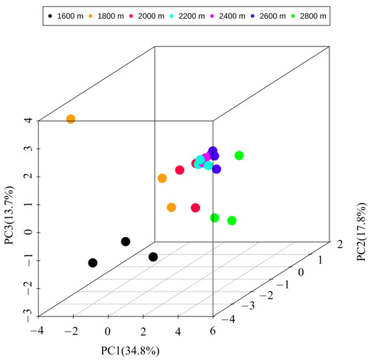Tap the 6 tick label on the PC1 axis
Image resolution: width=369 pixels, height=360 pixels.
coord(213,330)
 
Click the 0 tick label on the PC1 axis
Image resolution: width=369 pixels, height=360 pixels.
coord(108,330)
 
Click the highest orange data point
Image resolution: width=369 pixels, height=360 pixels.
coord(70,119)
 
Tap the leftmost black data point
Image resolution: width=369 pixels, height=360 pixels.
coord(93,263)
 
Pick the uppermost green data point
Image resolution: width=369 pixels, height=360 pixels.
coord(240,156)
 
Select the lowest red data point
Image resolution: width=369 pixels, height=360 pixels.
coord(195,208)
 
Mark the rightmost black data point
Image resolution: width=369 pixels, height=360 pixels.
coord(153,257)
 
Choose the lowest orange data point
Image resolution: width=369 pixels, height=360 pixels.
coord(171,208)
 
